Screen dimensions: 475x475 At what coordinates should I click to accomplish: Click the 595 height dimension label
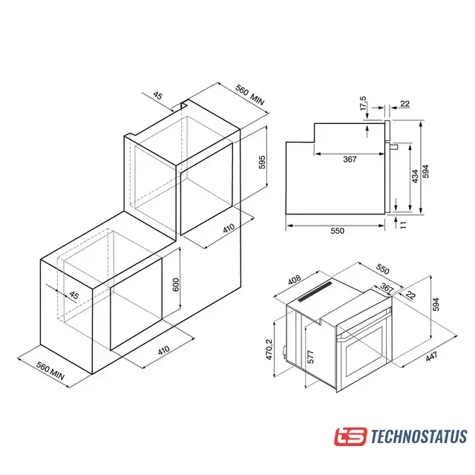pyautogui.click(x=262, y=162)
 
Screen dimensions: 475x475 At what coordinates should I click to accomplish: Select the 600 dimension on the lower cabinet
pyautogui.click(x=176, y=284)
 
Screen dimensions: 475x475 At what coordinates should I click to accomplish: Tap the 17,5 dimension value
pyautogui.click(x=363, y=103)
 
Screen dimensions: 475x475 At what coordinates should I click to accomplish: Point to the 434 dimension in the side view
pyautogui.click(x=415, y=176)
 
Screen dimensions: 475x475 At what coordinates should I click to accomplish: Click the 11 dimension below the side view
pyautogui.click(x=403, y=224)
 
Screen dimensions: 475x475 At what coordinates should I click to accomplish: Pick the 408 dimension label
pyautogui.click(x=294, y=280)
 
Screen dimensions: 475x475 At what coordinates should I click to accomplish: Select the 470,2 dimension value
pyautogui.click(x=269, y=350)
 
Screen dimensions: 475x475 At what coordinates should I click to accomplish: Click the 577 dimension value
pyautogui.click(x=310, y=356)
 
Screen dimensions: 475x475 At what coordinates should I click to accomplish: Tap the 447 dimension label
pyautogui.click(x=431, y=356)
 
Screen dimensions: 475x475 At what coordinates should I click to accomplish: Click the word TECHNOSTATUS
pyautogui.click(x=419, y=436)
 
